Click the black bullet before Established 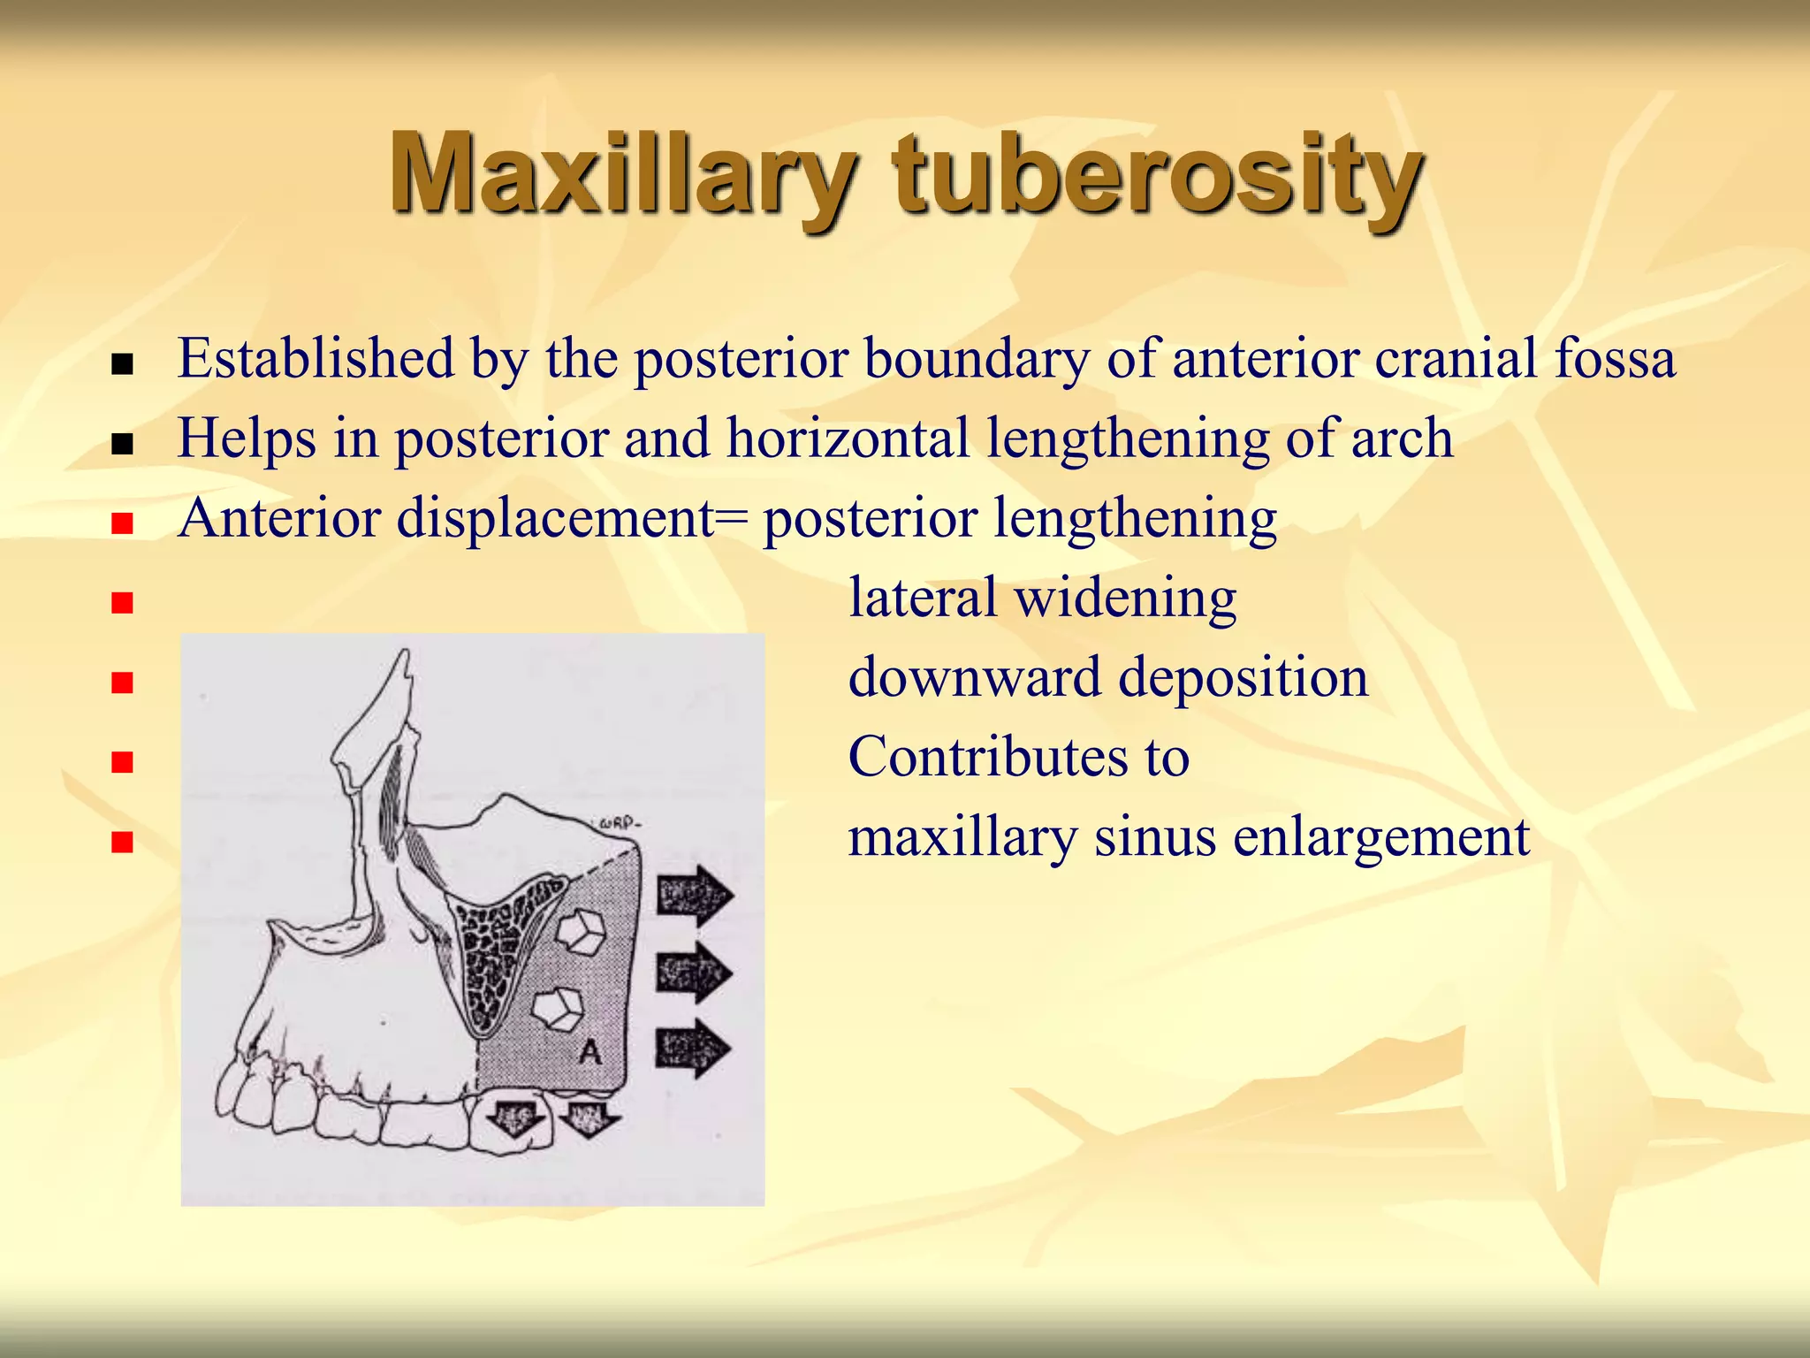point(123,364)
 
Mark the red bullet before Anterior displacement point(123,523)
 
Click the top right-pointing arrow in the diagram point(695,896)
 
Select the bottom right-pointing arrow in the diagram point(693,1049)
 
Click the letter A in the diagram point(589,1051)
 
